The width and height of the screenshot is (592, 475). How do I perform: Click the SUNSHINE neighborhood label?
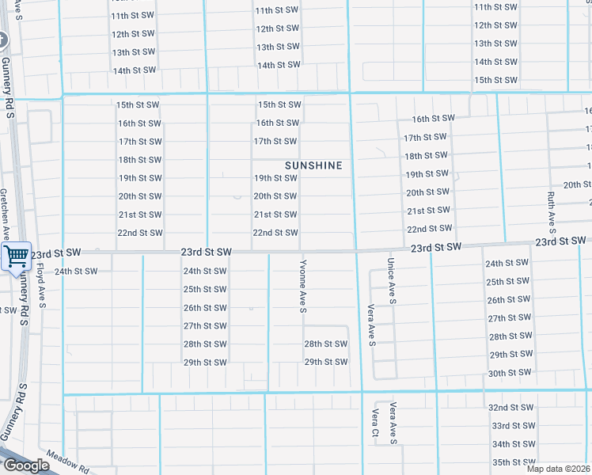coord(314,165)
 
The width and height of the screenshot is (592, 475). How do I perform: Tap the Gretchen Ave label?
coord(4,214)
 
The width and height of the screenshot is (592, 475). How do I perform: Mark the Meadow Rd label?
coord(66,461)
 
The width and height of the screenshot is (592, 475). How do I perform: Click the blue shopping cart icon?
coord(15,256)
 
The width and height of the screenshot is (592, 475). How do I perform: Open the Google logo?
coord(26,465)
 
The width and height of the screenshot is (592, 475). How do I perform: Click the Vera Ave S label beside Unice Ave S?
coord(370,325)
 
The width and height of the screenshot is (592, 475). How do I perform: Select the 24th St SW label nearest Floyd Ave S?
coord(76,272)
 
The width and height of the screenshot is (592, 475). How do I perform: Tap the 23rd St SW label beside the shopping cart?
coord(59,253)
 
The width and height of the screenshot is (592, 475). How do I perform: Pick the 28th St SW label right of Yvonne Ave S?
coord(326,344)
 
